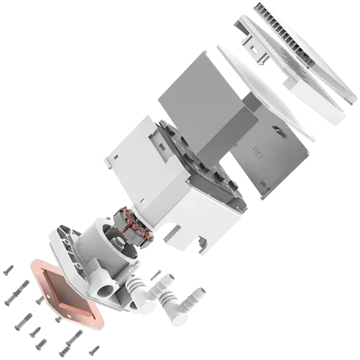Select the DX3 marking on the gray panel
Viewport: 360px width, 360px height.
tap(256, 151)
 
